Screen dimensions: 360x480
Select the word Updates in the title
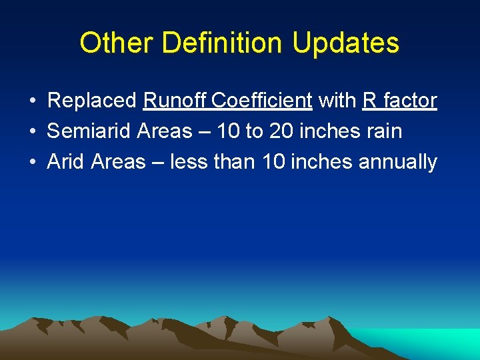(345, 43)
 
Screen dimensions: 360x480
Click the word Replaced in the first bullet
(92, 101)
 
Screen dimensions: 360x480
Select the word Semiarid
(89, 131)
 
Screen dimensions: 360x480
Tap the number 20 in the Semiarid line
(281, 131)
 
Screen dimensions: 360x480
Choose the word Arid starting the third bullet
(66, 162)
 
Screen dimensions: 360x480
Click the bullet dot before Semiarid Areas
(33, 132)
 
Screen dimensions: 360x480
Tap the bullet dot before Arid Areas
(33, 163)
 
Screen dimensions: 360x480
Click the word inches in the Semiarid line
(328, 131)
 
